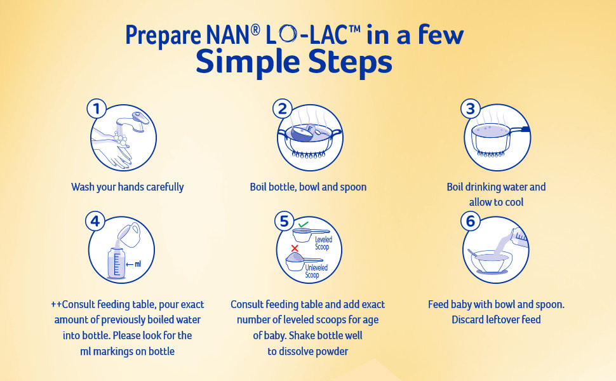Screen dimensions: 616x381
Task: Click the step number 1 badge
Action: [97, 109]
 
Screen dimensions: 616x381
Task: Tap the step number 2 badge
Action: [283, 109]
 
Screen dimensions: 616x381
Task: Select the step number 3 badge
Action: [470, 109]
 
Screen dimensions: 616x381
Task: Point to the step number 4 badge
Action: [95, 221]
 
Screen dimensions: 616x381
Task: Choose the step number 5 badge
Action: [284, 221]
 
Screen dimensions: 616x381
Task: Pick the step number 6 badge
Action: [470, 221]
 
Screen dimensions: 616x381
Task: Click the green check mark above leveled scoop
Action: [303, 224]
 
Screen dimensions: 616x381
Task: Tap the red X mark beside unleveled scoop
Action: [295, 248]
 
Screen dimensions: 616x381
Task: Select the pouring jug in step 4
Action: [129, 234]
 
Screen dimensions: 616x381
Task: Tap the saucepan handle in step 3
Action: [520, 130]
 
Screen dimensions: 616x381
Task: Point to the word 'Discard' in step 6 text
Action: [467, 320]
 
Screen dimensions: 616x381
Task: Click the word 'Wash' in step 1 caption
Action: [83, 187]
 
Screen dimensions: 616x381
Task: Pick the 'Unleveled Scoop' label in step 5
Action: [316, 271]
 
